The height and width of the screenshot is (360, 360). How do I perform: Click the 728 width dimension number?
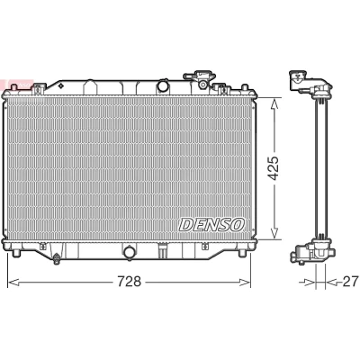tap(129, 282)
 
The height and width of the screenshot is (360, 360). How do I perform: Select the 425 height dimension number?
tap(274, 168)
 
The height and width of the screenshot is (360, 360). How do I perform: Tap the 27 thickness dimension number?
tap(350, 282)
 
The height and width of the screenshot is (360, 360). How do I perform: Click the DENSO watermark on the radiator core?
tap(212, 224)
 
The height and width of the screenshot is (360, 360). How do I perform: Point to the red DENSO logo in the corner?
tap(16, 84)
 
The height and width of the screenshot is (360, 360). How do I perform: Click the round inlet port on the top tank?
tap(164, 86)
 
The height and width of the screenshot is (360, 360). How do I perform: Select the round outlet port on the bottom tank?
tap(130, 252)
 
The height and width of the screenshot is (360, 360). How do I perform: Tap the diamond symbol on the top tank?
tap(61, 86)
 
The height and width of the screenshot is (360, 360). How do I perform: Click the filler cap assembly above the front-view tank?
tap(200, 79)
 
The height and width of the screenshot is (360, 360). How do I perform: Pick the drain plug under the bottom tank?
tap(56, 260)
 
